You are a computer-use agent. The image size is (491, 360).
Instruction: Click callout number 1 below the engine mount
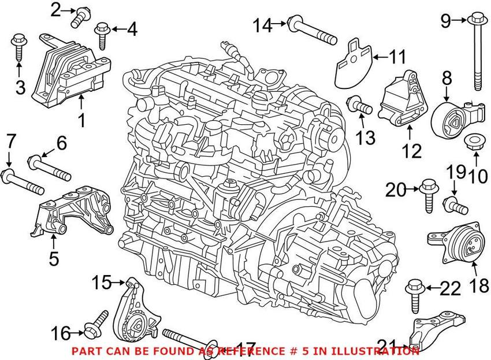click(81, 120)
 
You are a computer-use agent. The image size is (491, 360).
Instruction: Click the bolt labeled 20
click(429, 192)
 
